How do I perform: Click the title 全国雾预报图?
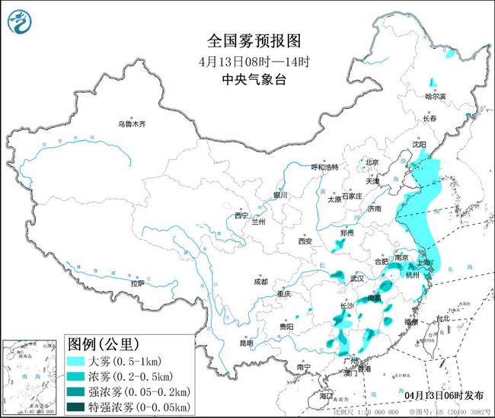[x=247, y=40]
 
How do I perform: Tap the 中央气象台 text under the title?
[x=247, y=78]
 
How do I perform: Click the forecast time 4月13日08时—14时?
[x=247, y=60]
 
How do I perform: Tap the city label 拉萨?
[x=137, y=283]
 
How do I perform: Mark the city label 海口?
[x=327, y=396]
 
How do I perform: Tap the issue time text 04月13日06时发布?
[x=443, y=395]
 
